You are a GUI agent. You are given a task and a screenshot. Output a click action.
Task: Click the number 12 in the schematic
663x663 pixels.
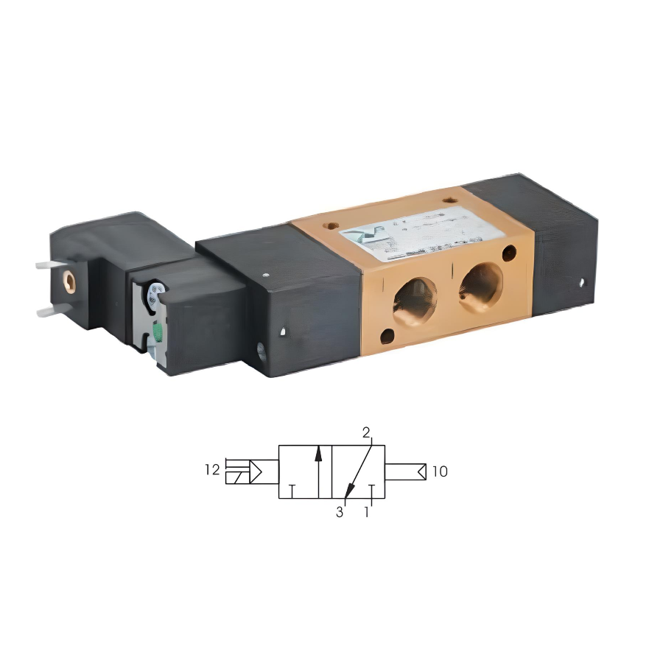coord(212,470)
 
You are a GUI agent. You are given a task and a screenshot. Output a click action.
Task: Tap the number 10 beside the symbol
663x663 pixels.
coord(440,471)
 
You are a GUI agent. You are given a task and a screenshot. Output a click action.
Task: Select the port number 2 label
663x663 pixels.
coord(366,433)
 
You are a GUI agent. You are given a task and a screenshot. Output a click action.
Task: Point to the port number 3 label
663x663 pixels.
coord(340,512)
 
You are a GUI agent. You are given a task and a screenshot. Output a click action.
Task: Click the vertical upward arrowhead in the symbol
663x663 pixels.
coord(318,452)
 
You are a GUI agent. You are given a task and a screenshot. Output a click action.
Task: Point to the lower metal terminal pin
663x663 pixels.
coord(50,312)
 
